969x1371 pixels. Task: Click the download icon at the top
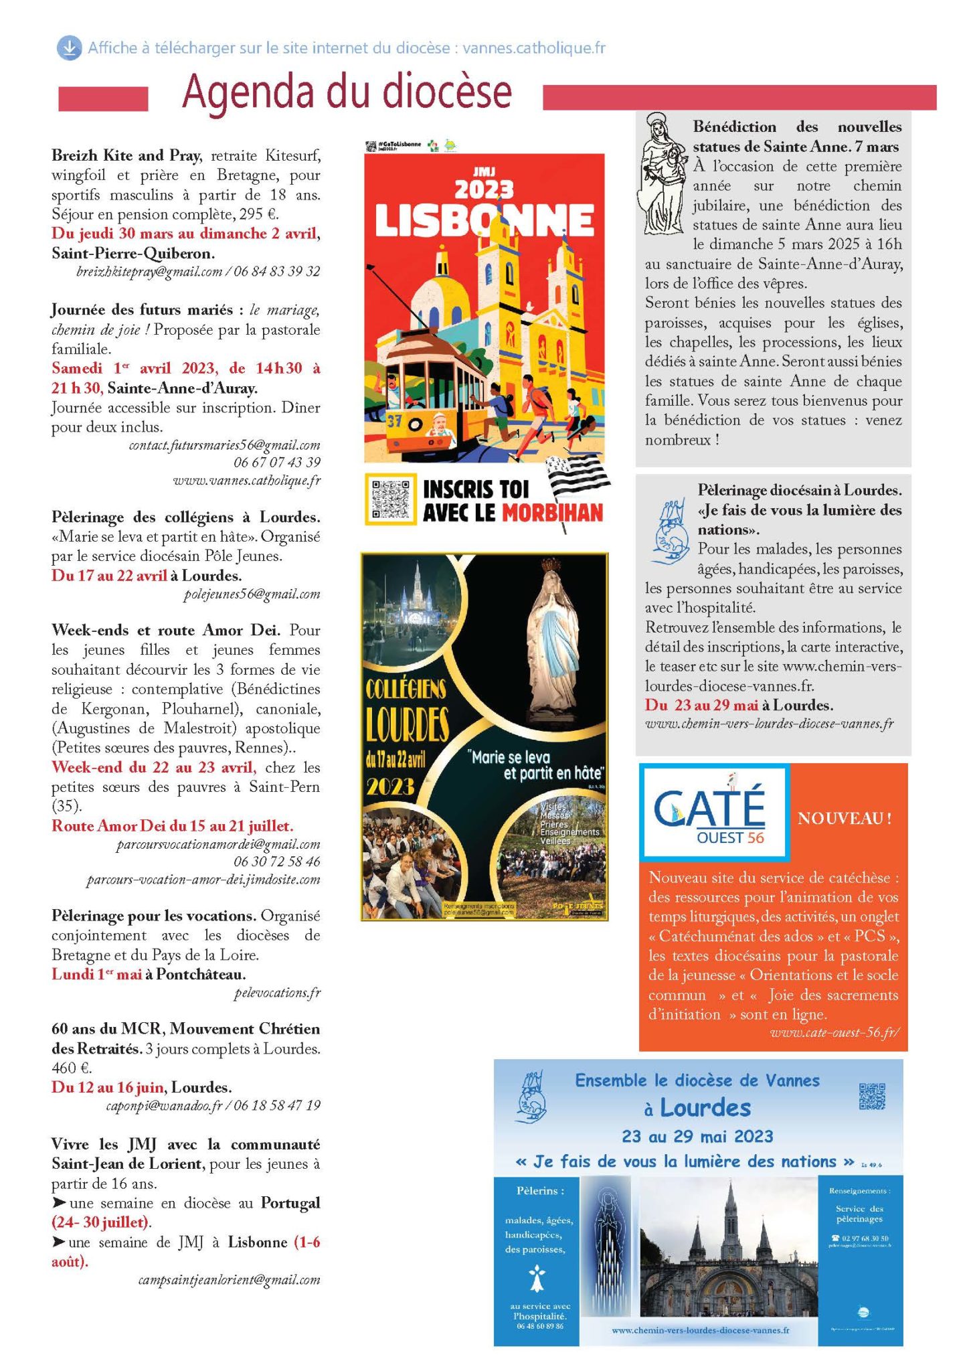click(68, 48)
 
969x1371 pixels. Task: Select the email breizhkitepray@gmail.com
click(149, 272)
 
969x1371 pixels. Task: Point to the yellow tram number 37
click(394, 420)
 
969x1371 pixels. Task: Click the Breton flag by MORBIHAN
click(578, 478)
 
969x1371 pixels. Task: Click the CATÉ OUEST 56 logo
click(713, 812)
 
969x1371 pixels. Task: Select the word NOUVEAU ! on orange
click(845, 818)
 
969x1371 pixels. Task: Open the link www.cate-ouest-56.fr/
click(834, 1032)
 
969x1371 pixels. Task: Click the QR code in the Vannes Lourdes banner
click(871, 1097)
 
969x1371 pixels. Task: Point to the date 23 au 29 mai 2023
click(697, 1136)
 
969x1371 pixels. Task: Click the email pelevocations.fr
click(277, 993)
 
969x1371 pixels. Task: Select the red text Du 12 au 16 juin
click(108, 1086)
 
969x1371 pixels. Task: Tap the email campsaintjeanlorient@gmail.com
click(229, 1280)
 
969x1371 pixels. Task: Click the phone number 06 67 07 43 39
click(276, 462)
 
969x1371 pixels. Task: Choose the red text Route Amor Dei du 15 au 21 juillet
click(172, 825)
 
